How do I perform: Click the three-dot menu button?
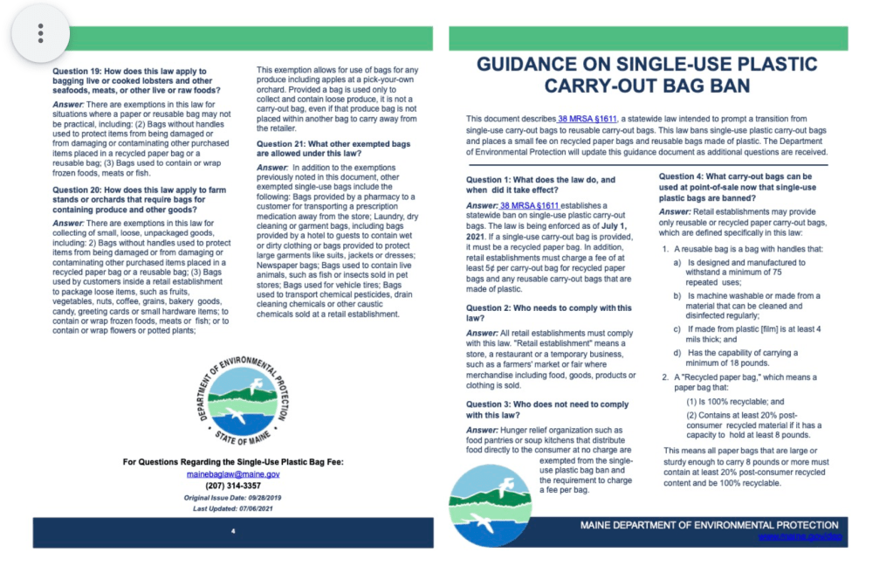click(x=40, y=33)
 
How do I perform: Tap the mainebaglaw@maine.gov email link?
click(x=233, y=473)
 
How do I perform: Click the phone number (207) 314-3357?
click(x=233, y=486)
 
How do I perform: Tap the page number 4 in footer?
click(x=233, y=531)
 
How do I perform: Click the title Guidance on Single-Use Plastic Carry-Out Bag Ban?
click(x=648, y=75)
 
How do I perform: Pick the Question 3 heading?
click(x=547, y=410)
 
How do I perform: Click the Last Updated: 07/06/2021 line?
click(x=233, y=508)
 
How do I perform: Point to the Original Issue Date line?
click(x=233, y=497)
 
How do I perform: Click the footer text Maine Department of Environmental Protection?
click(x=709, y=525)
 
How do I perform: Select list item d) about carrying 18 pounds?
click(x=743, y=357)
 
